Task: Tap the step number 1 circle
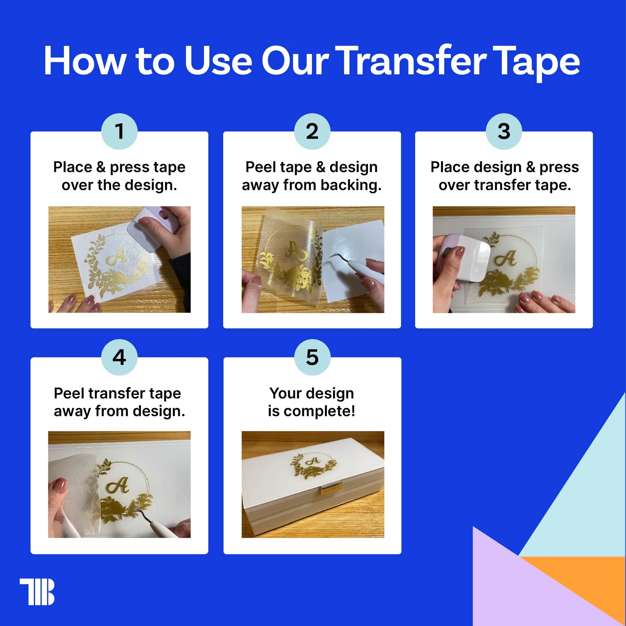119,131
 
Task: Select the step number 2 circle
312,131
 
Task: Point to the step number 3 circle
504,131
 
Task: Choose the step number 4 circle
119,357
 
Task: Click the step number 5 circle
312,357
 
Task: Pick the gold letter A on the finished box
314,461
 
